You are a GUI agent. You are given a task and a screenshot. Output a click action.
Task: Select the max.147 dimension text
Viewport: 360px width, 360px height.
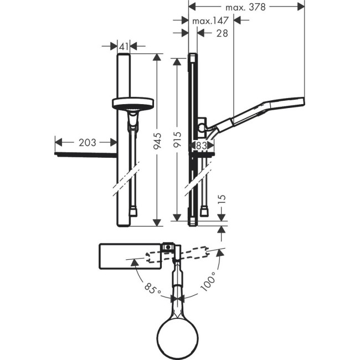tap(210, 21)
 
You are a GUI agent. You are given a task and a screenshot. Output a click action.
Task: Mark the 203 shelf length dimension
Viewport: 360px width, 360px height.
tap(86, 143)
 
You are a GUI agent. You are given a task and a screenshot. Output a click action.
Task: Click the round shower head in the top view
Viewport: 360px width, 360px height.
tap(178, 333)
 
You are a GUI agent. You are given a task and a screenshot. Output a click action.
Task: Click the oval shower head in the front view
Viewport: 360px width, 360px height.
tap(133, 103)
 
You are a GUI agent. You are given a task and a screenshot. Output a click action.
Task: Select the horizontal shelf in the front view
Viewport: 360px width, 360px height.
tap(86, 153)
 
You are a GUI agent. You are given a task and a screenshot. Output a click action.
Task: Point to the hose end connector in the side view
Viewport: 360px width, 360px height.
tap(205, 211)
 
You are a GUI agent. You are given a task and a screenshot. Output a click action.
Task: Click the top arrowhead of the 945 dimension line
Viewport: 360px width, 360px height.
tap(158, 58)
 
